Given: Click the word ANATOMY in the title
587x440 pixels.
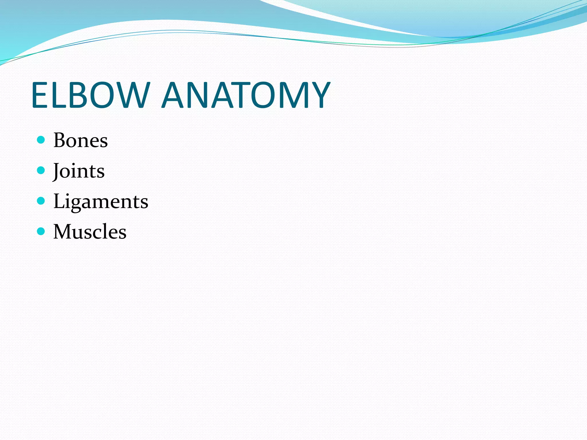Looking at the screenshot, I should pos(246,95).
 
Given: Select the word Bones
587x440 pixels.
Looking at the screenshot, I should pos(81,140).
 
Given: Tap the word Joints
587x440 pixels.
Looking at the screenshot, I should pos(79,171).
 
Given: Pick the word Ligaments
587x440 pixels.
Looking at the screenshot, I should pos(101,201).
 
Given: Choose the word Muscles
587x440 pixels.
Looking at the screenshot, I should pos(90,232).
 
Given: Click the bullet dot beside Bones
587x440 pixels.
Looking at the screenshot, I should pos(41,140).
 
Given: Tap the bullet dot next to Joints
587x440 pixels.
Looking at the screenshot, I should pos(41,170).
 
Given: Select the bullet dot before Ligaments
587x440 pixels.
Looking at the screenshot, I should pos(41,201).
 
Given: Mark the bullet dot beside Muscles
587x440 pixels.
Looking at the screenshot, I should pos(41,231).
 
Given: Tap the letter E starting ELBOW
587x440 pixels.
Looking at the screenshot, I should pos(39,95).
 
